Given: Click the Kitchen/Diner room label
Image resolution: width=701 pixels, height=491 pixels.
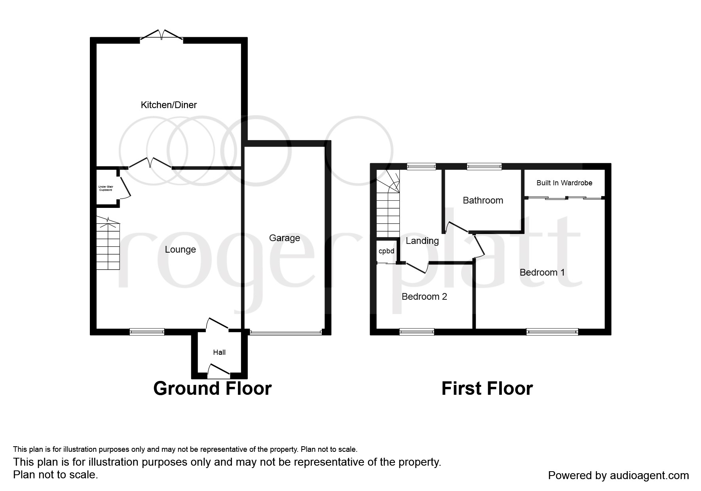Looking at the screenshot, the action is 169,105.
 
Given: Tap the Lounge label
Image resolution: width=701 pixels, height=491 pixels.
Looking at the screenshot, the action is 180,249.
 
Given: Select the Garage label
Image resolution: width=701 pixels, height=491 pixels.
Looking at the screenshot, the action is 285,238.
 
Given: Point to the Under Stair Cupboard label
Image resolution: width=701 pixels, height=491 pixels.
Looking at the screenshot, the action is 106,188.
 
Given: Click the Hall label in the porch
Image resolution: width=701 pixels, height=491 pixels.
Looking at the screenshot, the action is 219,352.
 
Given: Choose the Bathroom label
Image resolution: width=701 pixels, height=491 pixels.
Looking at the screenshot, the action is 483,200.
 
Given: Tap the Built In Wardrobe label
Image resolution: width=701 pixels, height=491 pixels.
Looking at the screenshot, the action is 564,183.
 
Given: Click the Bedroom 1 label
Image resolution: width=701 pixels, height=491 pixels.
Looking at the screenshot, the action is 542,272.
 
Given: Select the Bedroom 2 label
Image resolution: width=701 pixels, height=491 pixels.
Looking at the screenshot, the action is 424,297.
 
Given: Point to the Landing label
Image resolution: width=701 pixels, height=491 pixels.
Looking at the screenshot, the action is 422,241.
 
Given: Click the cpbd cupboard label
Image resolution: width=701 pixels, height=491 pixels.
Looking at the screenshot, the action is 386,251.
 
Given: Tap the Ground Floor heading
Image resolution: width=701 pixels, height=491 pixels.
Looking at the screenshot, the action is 213,388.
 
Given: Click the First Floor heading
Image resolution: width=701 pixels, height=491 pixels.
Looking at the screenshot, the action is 487,388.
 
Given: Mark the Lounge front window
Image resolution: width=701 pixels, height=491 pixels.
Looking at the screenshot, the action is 147,332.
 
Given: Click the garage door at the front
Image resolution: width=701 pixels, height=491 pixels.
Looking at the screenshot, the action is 286,333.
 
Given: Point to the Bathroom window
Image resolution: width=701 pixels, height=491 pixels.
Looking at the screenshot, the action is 484,166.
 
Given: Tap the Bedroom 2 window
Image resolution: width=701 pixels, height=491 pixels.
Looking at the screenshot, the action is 417,332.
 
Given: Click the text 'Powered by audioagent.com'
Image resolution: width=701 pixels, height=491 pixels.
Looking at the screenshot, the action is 618,476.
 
